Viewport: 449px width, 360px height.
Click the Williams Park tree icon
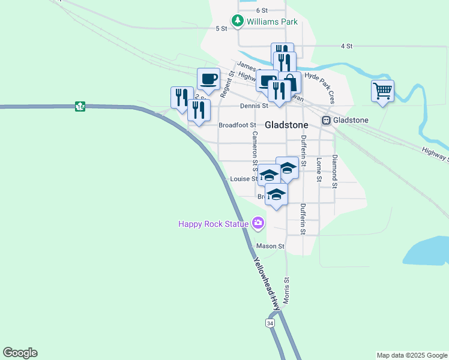[x=238, y=21]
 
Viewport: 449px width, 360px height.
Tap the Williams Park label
[x=272, y=22]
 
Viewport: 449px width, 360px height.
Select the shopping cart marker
[x=382, y=91]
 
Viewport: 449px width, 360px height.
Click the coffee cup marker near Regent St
[x=208, y=79]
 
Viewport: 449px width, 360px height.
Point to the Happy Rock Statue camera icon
[x=259, y=224]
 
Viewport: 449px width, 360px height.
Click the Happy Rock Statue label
[x=213, y=224]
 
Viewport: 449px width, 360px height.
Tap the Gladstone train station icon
[x=326, y=120]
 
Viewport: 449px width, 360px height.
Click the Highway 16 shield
[x=80, y=106]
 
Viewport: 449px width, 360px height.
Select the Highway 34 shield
[x=270, y=323]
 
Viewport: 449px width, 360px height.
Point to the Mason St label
[x=270, y=246]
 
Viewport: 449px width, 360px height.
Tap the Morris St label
[x=288, y=290]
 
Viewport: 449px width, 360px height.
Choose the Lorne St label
[x=319, y=170]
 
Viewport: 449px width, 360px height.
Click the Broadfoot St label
[x=237, y=125]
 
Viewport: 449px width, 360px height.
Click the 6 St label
[x=261, y=10]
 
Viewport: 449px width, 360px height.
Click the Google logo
[x=20, y=353]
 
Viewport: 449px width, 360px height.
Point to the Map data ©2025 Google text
[x=411, y=355]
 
